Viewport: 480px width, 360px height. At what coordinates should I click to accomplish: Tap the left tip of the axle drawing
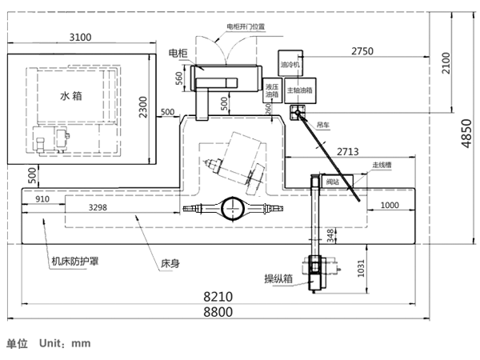pos(185,210)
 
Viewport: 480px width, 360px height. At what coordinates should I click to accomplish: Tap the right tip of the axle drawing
pos(283,210)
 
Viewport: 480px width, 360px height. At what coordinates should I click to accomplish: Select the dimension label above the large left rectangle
pos(79,32)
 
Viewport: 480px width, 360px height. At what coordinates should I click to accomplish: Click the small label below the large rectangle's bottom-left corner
pos(30,174)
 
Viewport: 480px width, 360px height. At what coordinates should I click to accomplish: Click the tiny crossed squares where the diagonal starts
pos(298,113)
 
